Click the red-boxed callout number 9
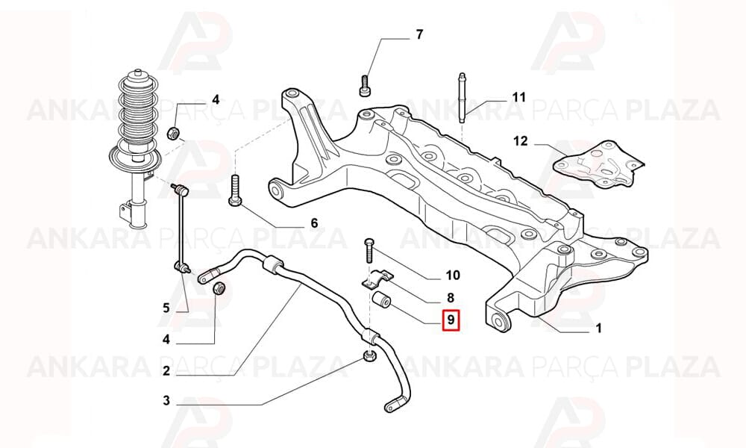pos(451,320)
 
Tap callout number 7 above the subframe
pos(419,35)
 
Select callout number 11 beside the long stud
pos(519,98)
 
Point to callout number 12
pos(521,141)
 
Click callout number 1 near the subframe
pos(599,328)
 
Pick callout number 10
pos(453,276)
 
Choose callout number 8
pos(451,298)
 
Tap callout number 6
pos(314,223)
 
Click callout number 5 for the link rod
pos(166,308)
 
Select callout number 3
pos(166,401)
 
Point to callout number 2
pos(166,371)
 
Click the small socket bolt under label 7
pos(365,86)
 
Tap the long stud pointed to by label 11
pos(462,98)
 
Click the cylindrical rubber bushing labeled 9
pos(381,300)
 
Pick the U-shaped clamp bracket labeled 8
pos(377,279)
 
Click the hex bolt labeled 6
pos(234,190)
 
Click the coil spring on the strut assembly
pos(137,111)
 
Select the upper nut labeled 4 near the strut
pos(173,133)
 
